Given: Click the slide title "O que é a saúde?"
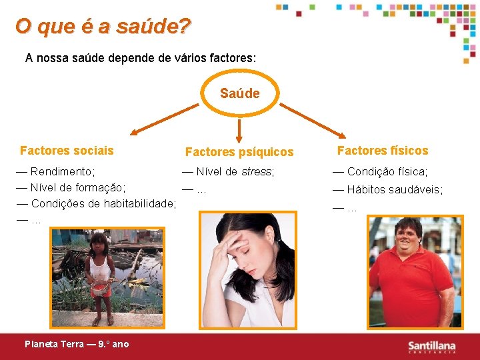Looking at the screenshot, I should click(103, 27).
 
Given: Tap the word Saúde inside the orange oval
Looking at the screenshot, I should click(240, 93).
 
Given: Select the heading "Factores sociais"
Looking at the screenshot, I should click(67, 151).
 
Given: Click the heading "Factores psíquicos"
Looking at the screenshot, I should click(239, 152).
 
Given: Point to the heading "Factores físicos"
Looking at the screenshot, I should click(383, 151).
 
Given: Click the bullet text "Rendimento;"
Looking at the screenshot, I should click(63, 171).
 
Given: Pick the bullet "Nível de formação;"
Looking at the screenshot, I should click(77, 187).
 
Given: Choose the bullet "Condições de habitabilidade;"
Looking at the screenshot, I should click(103, 203).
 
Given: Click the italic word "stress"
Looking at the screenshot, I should click(257, 171).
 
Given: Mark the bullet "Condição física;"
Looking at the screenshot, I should click(387, 171).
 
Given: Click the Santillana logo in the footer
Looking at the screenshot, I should click(432, 346).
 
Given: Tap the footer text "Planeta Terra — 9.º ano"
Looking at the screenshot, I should click(77, 344).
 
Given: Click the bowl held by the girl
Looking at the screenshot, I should click(101, 289).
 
